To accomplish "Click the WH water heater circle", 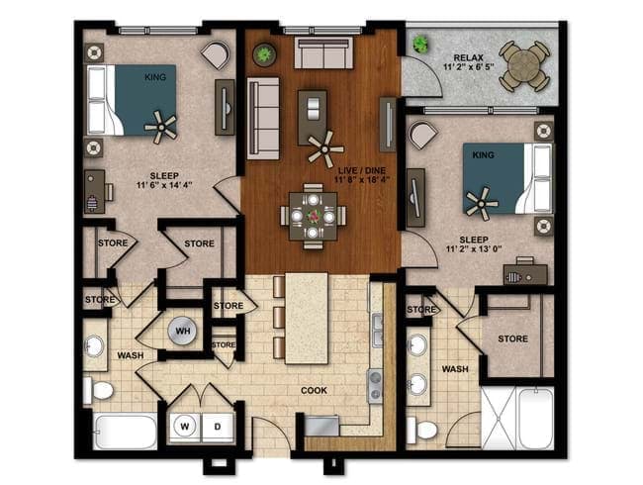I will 182,330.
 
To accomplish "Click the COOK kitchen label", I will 315,390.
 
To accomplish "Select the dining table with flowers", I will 314,211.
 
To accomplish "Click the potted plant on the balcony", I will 422,44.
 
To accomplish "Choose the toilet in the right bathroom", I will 425,431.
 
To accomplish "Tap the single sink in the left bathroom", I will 95,346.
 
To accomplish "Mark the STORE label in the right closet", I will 511,339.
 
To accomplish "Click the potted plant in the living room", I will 263,54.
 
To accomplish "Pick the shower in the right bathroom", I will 518,415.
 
